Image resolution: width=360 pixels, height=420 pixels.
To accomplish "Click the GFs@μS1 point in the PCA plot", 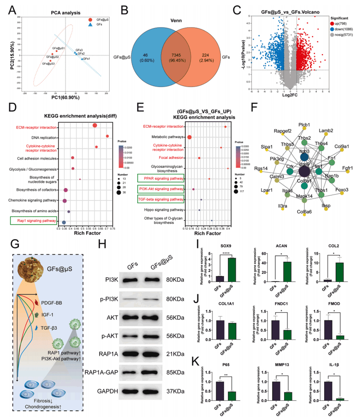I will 56,51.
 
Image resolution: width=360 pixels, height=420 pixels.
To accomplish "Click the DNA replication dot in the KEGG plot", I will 107,136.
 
